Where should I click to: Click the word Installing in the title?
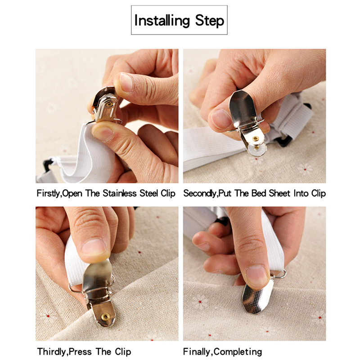162,21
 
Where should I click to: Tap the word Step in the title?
209,21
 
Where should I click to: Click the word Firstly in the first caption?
48,193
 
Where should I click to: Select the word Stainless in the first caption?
120,193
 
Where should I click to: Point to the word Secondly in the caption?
199,193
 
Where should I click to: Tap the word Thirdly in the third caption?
51,351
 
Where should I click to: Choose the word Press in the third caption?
80,351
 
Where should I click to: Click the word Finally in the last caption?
197,351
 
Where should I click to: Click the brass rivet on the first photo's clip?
109,105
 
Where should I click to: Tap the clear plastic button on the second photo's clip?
256,147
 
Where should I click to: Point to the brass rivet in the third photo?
106,317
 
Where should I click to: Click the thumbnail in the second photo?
220,119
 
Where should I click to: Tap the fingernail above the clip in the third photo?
94,247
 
